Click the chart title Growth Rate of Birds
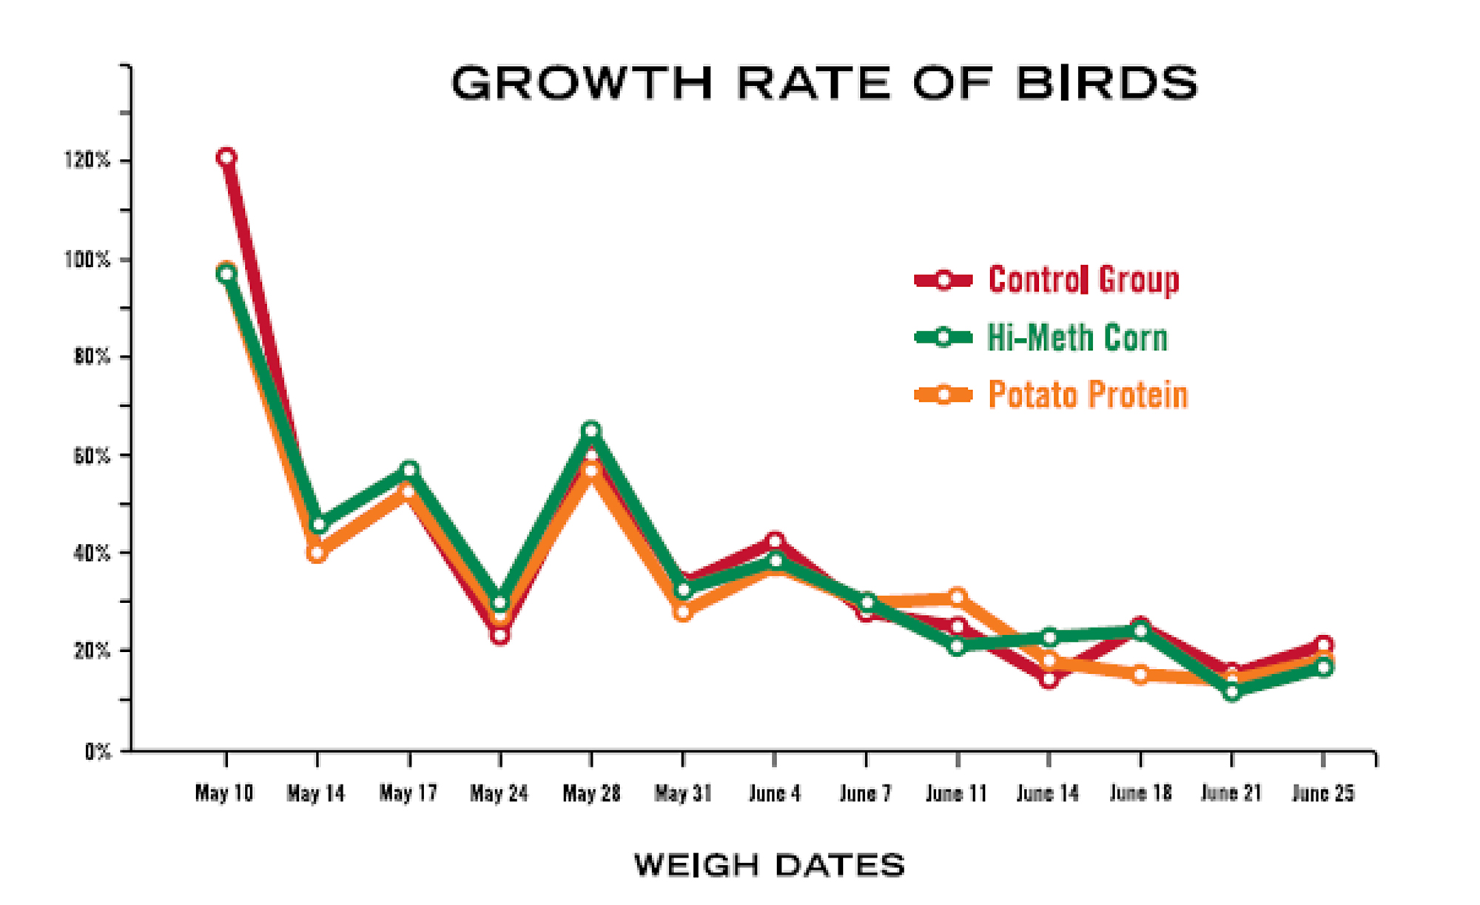tap(824, 83)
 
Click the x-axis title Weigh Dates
tap(770, 865)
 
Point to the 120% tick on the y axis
tap(87, 160)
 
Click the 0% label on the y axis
tap(97, 752)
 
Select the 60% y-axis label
tap(91, 456)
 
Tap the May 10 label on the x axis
tap(224, 793)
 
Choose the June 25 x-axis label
tap(1323, 793)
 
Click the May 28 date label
tap(591, 793)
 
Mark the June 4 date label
tap(774, 793)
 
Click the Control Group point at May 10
tap(226, 157)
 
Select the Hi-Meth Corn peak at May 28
tap(591, 430)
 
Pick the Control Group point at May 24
tap(499, 635)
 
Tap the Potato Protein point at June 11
tap(957, 597)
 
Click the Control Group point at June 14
tap(1049, 679)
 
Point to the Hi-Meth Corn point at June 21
tap(1232, 693)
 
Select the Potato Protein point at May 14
tap(317, 553)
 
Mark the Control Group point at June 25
tap(1325, 645)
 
